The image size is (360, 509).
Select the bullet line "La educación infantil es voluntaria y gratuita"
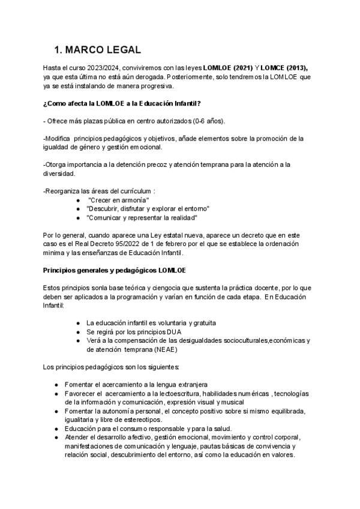(x=151, y=323)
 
